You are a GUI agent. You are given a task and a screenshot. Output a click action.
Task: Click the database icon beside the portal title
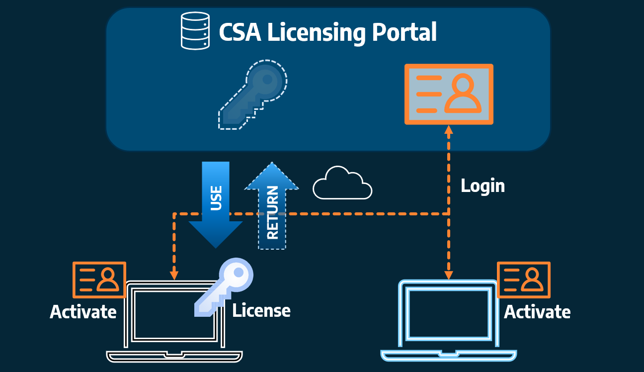pyautogui.click(x=195, y=31)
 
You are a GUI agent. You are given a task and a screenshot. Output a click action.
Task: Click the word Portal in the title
pyautogui.click(x=404, y=32)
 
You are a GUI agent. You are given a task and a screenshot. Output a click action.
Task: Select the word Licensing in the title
pyautogui.click(x=317, y=33)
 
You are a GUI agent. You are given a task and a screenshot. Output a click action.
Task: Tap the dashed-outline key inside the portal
pyautogui.click(x=252, y=94)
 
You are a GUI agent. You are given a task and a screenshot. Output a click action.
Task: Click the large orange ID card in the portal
pyautogui.click(x=449, y=94)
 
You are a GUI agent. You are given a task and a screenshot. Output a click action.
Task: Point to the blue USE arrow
pyautogui.click(x=216, y=204)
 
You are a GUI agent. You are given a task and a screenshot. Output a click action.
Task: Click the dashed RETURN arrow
pyautogui.click(x=272, y=205)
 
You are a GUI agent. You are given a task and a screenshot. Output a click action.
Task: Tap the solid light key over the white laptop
pyautogui.click(x=224, y=287)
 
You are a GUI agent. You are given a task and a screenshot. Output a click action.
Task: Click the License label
pyautogui.click(x=261, y=310)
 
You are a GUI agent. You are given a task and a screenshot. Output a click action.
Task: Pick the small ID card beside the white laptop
pyautogui.click(x=99, y=280)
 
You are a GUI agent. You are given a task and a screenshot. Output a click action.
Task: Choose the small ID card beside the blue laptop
pyautogui.click(x=524, y=280)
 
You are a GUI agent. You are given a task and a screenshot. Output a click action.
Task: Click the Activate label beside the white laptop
pyautogui.click(x=83, y=312)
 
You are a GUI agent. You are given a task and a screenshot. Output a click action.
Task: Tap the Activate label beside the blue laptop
pyautogui.click(x=537, y=312)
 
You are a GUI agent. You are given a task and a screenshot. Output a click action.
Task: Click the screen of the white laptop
pyautogui.click(x=174, y=314)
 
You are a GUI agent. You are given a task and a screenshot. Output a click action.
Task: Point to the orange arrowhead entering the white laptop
pyautogui.click(x=174, y=276)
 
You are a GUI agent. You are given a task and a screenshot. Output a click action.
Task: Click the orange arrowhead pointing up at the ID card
pyautogui.click(x=449, y=130)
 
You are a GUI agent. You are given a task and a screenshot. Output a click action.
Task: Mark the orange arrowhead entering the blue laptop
pyautogui.click(x=449, y=275)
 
